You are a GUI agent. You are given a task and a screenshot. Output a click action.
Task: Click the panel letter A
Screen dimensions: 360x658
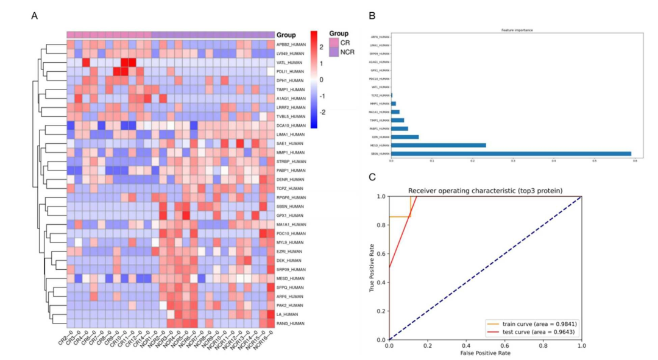(35, 16)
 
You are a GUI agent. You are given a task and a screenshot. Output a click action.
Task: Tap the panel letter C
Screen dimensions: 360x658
(372, 177)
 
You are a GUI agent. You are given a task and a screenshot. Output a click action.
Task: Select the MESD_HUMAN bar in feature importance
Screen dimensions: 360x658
(438, 145)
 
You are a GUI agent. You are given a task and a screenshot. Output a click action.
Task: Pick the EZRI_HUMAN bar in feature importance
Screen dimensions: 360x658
(405, 136)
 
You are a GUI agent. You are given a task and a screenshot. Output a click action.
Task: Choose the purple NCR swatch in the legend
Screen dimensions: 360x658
(333, 53)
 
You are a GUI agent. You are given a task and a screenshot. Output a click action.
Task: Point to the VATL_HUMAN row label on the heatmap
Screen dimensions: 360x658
(289, 62)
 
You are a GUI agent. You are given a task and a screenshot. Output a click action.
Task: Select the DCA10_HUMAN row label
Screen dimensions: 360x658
(290, 125)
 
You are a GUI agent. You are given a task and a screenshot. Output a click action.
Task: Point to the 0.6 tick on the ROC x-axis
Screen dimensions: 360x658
(504, 345)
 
